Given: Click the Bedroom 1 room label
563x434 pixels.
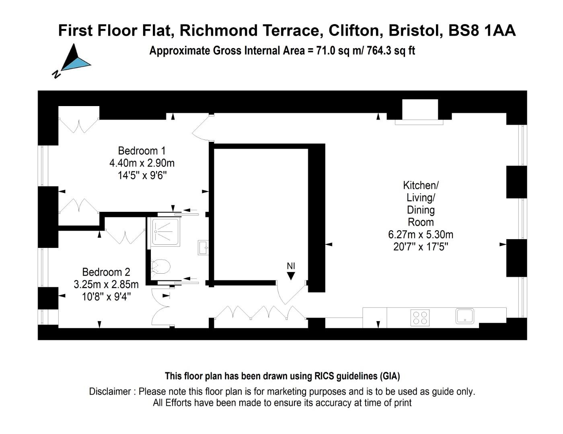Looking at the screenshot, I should [x=142, y=151].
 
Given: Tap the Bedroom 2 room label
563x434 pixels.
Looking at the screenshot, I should [x=106, y=272].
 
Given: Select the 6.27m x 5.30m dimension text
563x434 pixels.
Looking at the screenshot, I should [x=421, y=234].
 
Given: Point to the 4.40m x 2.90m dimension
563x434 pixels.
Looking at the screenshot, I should [x=142, y=163].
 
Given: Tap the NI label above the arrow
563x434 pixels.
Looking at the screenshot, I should [x=291, y=266].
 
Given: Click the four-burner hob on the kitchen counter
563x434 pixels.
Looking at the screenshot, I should [x=420, y=317].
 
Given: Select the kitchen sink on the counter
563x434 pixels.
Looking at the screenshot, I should [x=465, y=316].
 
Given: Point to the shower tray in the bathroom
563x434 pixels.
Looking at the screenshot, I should [x=165, y=232].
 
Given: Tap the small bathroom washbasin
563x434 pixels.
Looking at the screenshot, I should [x=203, y=247].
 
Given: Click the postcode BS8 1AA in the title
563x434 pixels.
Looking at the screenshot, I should [x=482, y=31].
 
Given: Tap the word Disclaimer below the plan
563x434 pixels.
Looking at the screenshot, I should [x=110, y=391].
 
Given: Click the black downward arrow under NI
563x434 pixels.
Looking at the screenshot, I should [x=291, y=276].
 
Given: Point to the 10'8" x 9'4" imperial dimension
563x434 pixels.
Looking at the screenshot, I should [x=106, y=297].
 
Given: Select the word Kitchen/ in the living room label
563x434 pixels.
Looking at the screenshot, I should [x=421, y=185].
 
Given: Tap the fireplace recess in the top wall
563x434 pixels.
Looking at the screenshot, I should [x=420, y=110].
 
